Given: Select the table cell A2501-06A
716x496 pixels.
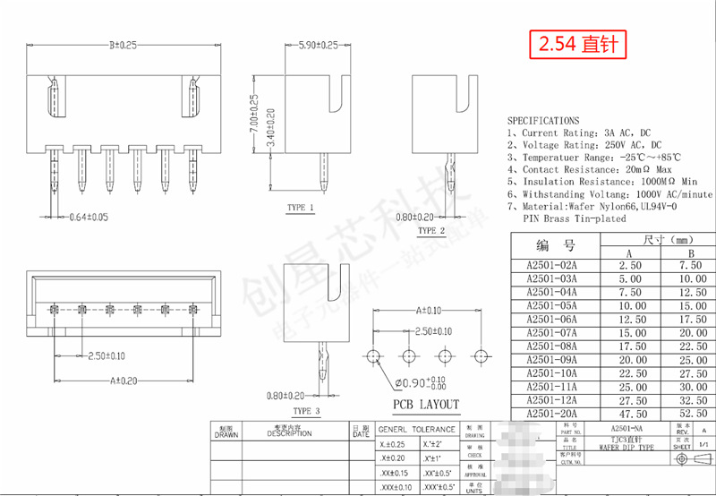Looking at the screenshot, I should pos(552,319).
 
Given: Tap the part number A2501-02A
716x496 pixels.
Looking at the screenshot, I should pos(552,266).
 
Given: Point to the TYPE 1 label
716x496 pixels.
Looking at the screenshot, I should pos(300,208).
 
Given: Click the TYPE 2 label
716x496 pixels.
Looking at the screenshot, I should pos(430,231).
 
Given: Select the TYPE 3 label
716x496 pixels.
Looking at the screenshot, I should pos(305,411).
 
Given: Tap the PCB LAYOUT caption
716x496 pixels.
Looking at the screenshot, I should pos(426,405).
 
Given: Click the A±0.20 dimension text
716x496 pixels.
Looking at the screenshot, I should pos(124,381).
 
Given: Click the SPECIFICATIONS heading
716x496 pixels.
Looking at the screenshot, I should pos(543,120).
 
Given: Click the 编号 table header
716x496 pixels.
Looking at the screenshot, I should pos(554,245).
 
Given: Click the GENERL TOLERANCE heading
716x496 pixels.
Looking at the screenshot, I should pos(416,429).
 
